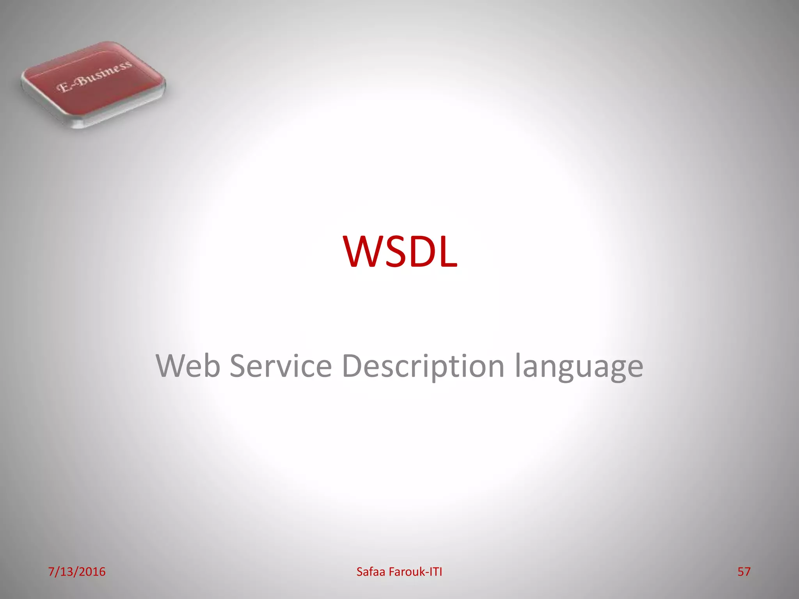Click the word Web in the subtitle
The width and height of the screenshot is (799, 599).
188,366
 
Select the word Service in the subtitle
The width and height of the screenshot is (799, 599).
281,366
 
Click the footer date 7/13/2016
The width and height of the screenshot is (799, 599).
77,572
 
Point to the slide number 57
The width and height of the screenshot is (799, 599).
744,572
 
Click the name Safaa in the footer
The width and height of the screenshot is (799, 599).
371,572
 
